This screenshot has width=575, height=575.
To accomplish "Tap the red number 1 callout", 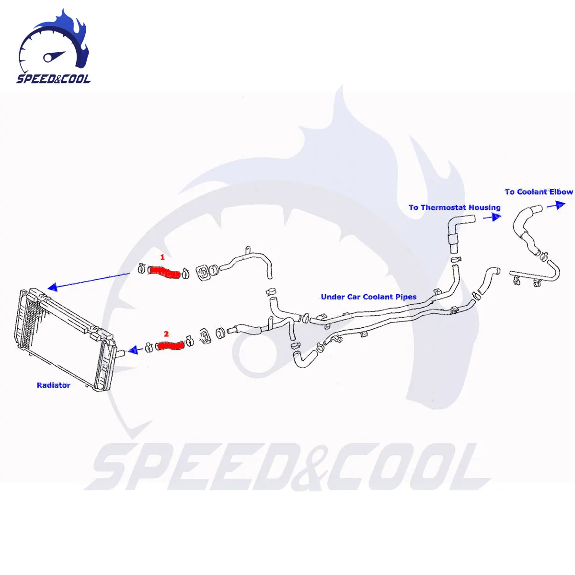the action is [x=162, y=258].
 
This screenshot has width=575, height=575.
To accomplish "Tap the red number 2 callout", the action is [x=166, y=333].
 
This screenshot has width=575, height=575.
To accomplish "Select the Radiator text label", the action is [x=54, y=385].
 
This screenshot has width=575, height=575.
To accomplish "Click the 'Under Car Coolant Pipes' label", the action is [x=368, y=297].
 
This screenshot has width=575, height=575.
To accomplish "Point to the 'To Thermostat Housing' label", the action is [x=454, y=207].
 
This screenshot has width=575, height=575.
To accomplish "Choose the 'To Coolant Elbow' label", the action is [x=539, y=192].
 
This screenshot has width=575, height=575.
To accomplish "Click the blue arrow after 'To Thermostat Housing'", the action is [x=492, y=217].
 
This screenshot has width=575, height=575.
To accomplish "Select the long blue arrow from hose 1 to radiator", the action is [x=89, y=281].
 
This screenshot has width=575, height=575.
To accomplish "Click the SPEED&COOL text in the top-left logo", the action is [x=53, y=79].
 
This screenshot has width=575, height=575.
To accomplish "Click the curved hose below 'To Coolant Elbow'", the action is [x=527, y=230].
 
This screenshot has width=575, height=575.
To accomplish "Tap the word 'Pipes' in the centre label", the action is [x=405, y=297].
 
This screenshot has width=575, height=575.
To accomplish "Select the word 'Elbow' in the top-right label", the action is [x=561, y=192].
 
